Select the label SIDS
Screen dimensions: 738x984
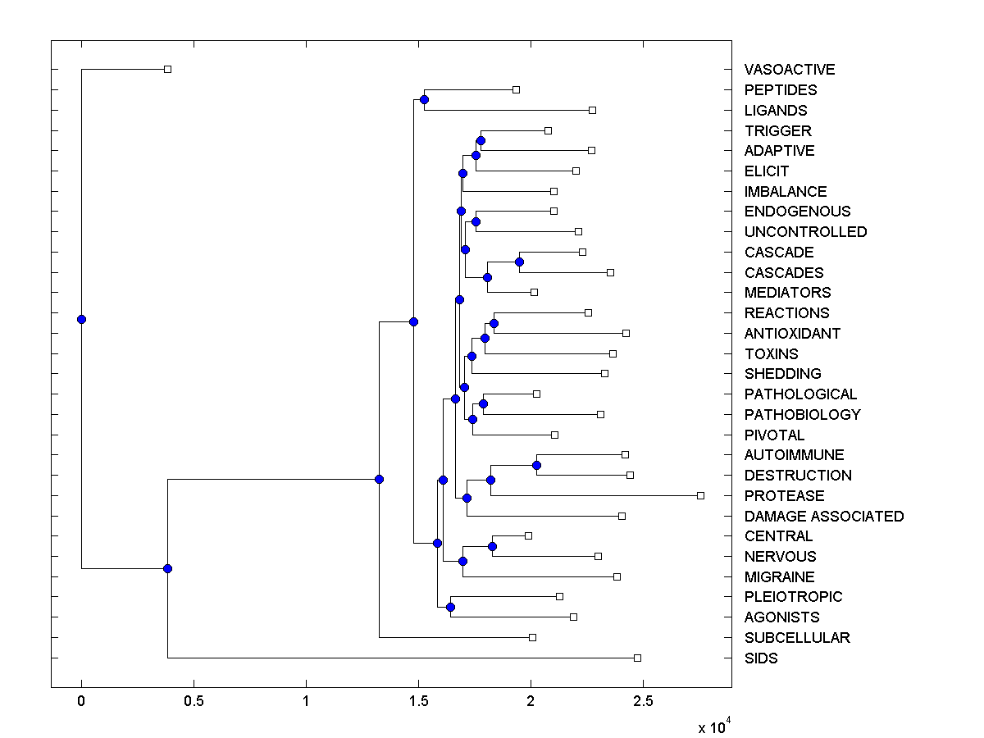[x=761, y=658]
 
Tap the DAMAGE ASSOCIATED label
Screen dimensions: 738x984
[x=824, y=517]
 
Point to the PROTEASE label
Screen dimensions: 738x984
[x=785, y=496]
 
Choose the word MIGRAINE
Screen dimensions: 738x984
[x=780, y=577]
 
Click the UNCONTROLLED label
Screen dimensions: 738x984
[x=805, y=232]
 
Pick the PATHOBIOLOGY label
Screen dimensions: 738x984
[x=803, y=415]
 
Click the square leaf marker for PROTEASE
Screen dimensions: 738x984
[x=700, y=495]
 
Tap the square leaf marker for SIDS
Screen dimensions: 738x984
[x=637, y=658]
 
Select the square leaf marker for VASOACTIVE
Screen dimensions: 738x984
[x=167, y=69]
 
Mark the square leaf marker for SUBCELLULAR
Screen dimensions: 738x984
[x=532, y=637]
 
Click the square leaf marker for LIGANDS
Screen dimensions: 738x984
[x=592, y=110]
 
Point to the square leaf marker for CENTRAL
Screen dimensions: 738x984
[x=528, y=535]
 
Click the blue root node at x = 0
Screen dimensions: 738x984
[x=81, y=319]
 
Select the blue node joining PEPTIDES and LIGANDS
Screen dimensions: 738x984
[x=424, y=99]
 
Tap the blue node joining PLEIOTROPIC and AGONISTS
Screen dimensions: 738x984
[x=450, y=607]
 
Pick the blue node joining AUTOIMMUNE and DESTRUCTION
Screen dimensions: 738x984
[x=536, y=465]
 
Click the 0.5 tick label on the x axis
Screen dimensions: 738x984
[x=194, y=702]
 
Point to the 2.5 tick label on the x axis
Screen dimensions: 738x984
[x=643, y=702]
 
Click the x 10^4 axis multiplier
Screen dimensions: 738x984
[x=713, y=727]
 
